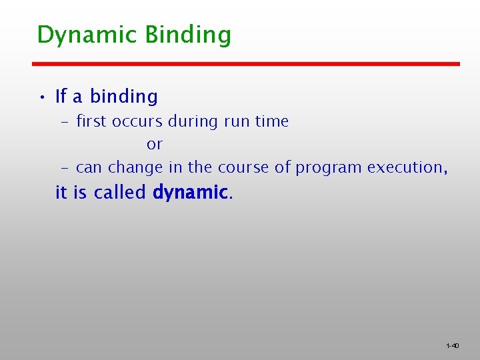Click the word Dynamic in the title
pos(78,35)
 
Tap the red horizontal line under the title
pos(247,64)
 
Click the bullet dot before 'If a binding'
pos(41,98)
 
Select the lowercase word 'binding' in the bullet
pos(124,97)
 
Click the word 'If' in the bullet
pos(61,97)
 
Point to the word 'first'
pos(92,121)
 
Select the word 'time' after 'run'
pos(272,121)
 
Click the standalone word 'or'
pos(155,145)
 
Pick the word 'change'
pos(135,167)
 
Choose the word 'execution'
pos(405,167)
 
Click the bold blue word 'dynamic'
pos(191,193)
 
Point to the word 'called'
pos(120,193)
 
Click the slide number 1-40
pos(452,345)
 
